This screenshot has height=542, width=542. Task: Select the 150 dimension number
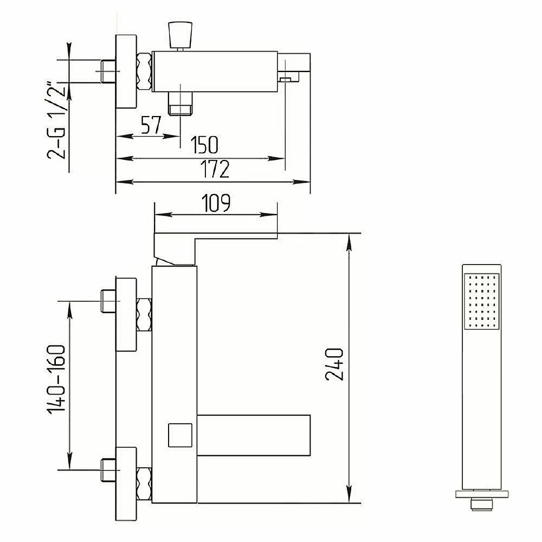pyautogui.click(x=204, y=145)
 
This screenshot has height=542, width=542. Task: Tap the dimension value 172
pyautogui.click(x=215, y=169)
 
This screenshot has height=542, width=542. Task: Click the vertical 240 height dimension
pyautogui.click(x=334, y=364)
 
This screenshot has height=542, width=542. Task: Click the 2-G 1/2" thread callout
pyautogui.click(x=56, y=120)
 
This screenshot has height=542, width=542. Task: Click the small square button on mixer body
pyautogui.click(x=180, y=435)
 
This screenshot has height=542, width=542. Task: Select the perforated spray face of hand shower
pyautogui.click(x=481, y=301)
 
